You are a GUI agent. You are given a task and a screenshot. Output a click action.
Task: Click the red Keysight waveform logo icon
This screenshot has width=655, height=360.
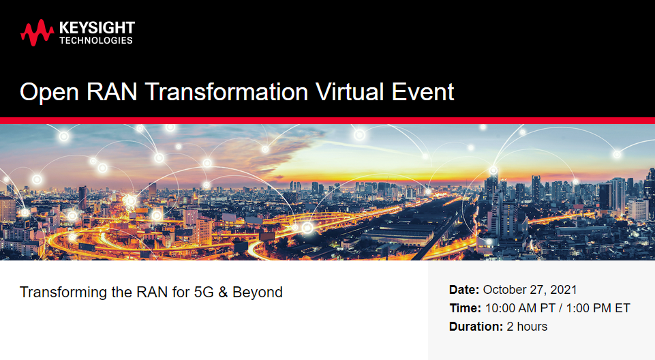tap(37, 33)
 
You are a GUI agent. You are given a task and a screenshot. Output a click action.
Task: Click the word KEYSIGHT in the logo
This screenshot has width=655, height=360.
tap(97, 28)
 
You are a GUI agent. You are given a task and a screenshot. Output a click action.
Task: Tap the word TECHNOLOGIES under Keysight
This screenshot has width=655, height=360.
tap(96, 40)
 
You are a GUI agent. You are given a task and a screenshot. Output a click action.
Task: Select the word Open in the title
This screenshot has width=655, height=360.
tap(49, 92)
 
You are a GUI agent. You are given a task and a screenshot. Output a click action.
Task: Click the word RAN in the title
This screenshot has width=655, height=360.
tap(112, 92)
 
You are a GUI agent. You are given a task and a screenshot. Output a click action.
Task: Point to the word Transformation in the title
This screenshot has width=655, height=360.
tap(227, 92)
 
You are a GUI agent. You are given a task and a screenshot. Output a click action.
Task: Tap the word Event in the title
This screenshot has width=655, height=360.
tap(423, 92)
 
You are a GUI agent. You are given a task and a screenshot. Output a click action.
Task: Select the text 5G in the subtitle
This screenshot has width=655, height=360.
tap(204, 292)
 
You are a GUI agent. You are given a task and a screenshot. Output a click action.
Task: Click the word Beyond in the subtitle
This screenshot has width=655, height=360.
tap(258, 292)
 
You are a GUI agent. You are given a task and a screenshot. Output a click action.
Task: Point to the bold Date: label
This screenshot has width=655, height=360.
tap(464, 289)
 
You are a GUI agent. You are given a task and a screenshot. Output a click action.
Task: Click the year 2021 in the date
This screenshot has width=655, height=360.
tap(564, 289)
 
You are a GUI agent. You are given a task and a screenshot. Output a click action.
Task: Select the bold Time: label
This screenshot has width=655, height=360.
tap(466, 308)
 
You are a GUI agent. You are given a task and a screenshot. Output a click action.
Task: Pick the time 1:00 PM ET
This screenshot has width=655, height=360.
tap(598, 308)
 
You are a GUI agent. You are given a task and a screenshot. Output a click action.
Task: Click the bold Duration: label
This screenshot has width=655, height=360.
tap(476, 327)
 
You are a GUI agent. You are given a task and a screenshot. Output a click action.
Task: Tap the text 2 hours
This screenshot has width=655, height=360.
tap(527, 327)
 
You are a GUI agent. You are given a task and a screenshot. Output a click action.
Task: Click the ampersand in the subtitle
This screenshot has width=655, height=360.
tap(223, 292)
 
